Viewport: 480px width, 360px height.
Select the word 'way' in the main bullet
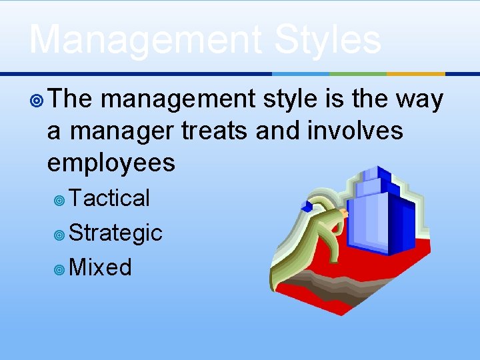click(418, 99)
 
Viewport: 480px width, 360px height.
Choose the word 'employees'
click(111, 162)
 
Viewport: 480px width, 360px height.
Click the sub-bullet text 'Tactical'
click(109, 198)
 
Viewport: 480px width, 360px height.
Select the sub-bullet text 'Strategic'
click(115, 233)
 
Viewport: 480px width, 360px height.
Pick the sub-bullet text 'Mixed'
click(100, 267)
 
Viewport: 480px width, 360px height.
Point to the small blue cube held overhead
click(308, 206)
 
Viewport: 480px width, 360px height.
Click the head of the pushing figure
click(344, 213)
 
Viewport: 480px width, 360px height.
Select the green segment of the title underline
click(358, 73)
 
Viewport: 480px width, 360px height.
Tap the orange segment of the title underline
click(415, 73)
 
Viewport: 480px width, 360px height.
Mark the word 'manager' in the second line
click(121, 131)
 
